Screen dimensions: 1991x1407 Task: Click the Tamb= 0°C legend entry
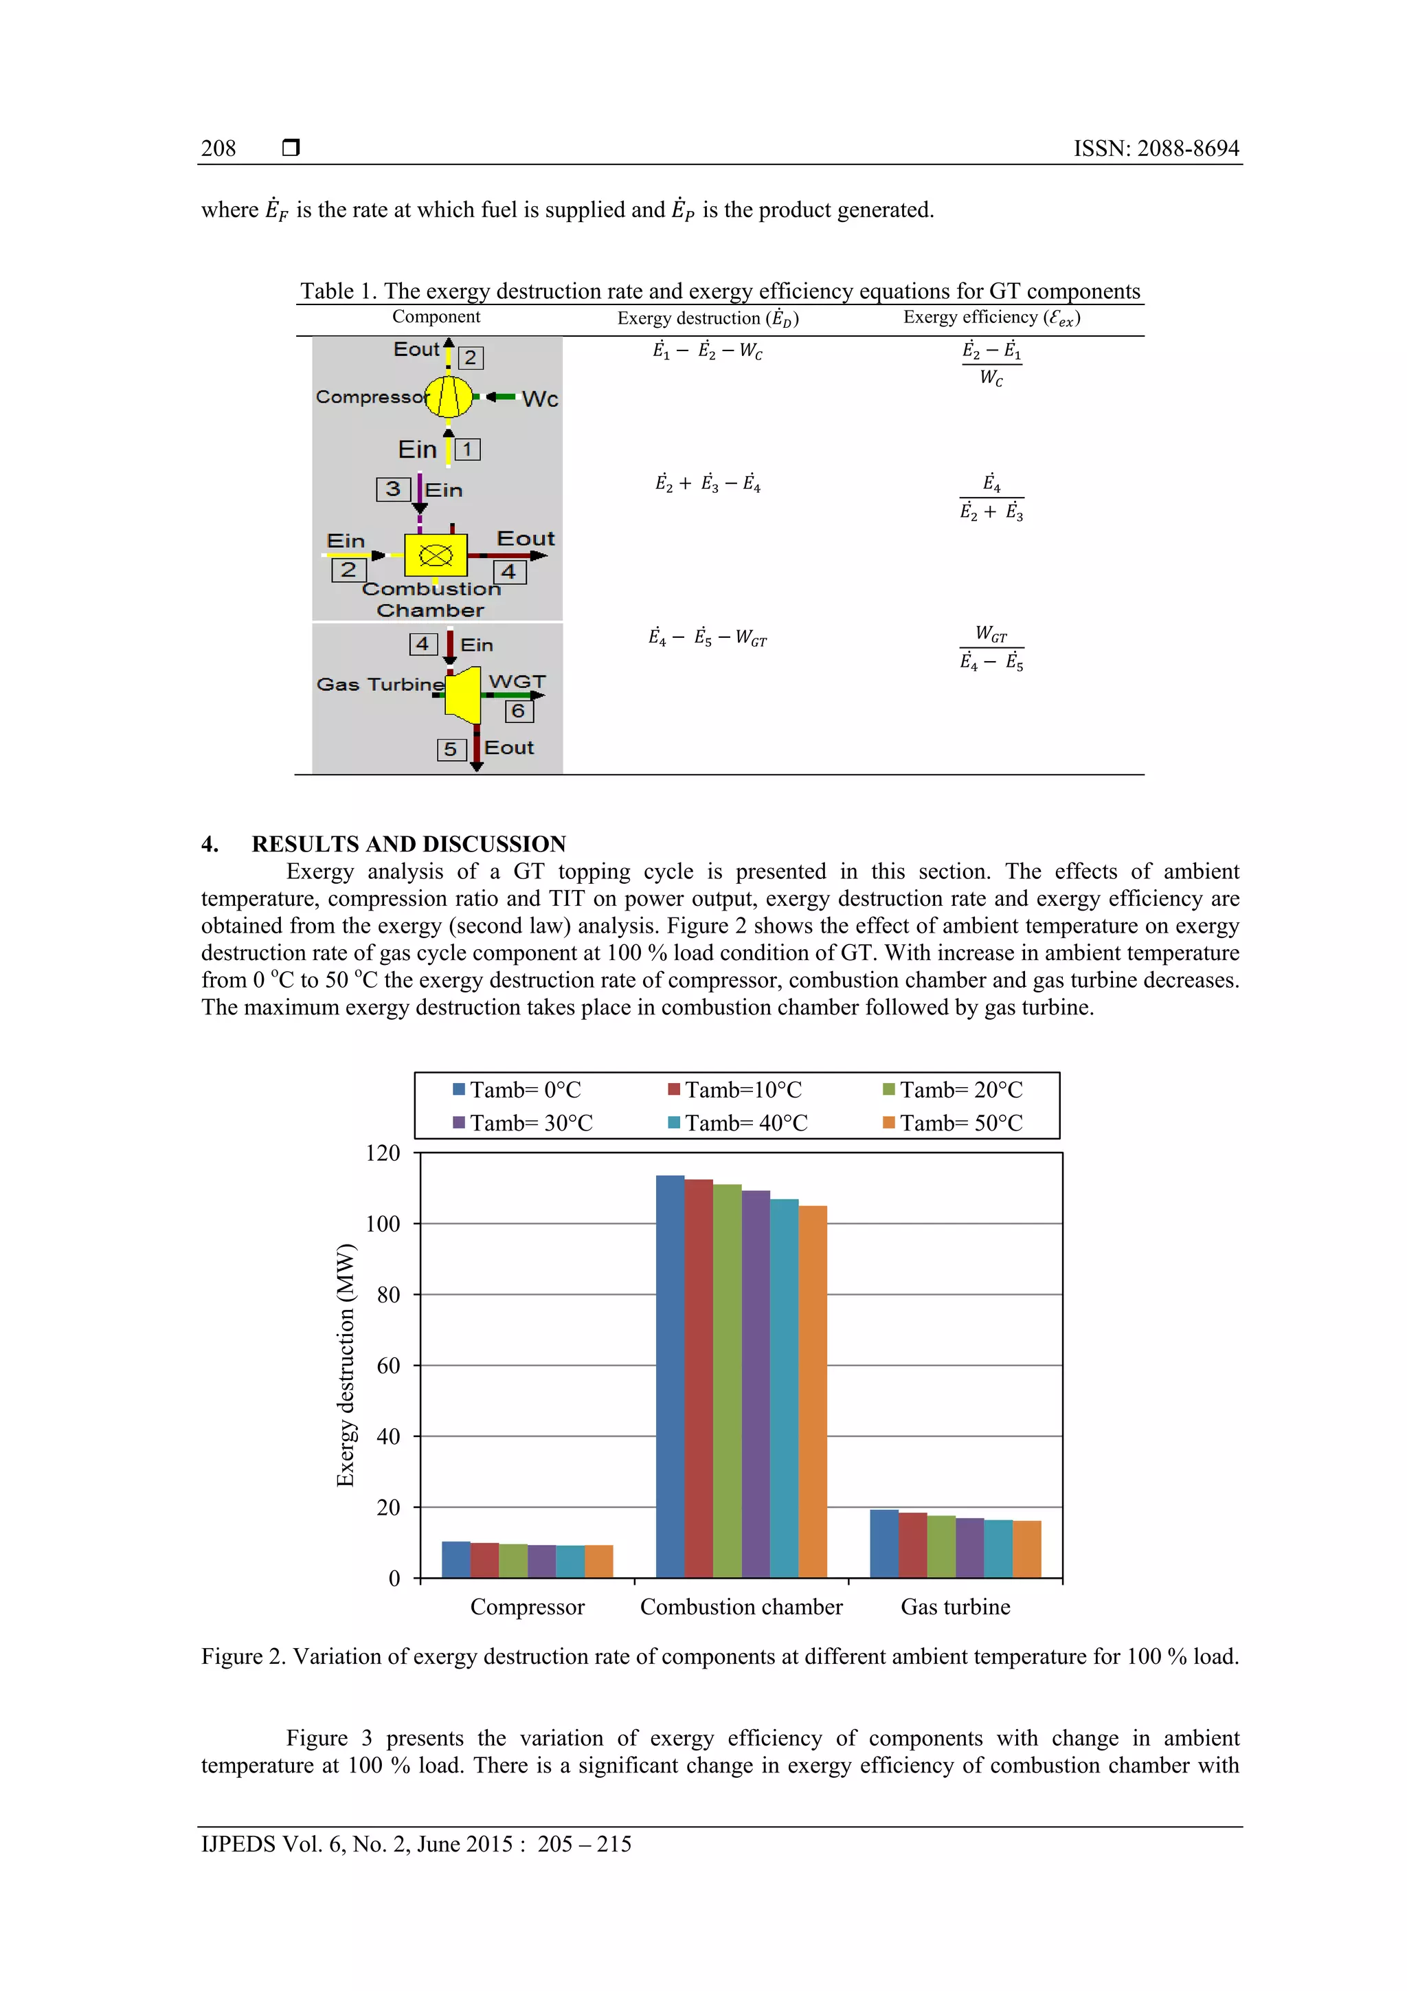[x=517, y=1089]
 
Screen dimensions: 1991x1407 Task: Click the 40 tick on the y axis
[x=388, y=1436]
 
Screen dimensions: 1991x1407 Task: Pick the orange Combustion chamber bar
[x=812, y=1392]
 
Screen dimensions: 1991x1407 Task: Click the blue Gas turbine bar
[x=884, y=1544]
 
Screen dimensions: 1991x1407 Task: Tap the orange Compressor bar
[x=598, y=1561]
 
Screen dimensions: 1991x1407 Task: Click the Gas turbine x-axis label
[x=956, y=1607]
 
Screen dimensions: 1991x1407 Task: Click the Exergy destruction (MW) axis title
[x=345, y=1365]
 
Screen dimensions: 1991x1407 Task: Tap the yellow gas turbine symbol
[x=464, y=693]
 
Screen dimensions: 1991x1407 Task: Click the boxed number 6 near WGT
[x=519, y=711]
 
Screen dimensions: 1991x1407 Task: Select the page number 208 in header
[x=218, y=148]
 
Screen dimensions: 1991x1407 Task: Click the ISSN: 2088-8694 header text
[x=1156, y=148]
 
